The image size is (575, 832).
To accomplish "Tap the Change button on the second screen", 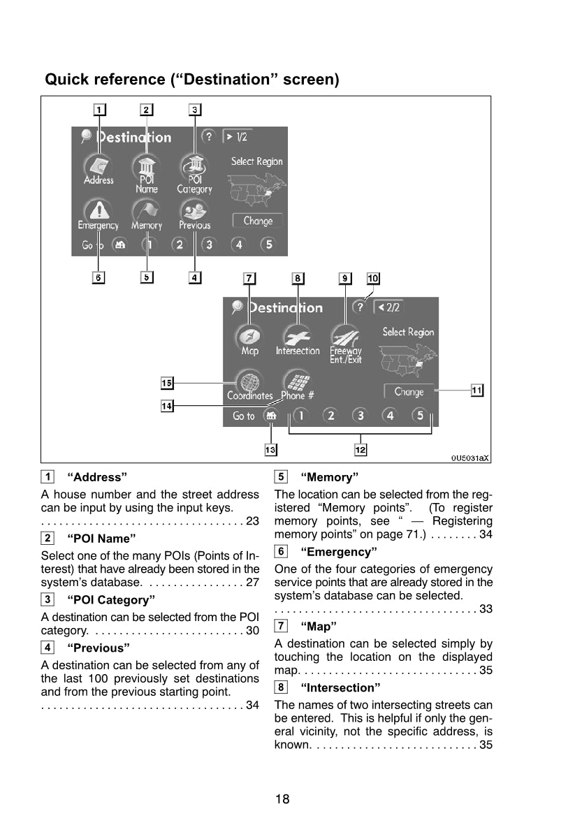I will pos(409,391).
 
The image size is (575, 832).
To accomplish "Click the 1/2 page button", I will pos(238,137).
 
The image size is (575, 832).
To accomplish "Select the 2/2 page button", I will pos(388,307).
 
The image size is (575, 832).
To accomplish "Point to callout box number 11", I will pos(476,391).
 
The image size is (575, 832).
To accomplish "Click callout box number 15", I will pos(167,383).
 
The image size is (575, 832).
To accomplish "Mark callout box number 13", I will pos(270,450).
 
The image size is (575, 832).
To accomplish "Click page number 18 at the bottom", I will pos(282,799).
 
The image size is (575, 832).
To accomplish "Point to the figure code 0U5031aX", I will pos(470,458).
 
